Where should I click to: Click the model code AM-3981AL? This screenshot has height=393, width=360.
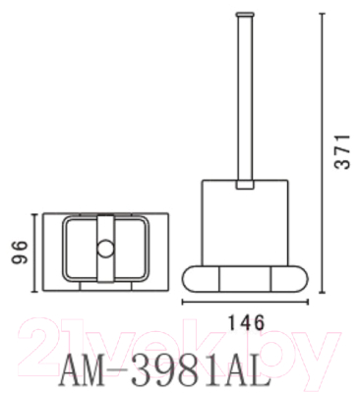click(x=163, y=370)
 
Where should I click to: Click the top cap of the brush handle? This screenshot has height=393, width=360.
click(x=242, y=12)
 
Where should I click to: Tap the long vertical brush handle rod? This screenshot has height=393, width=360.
click(x=242, y=98)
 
